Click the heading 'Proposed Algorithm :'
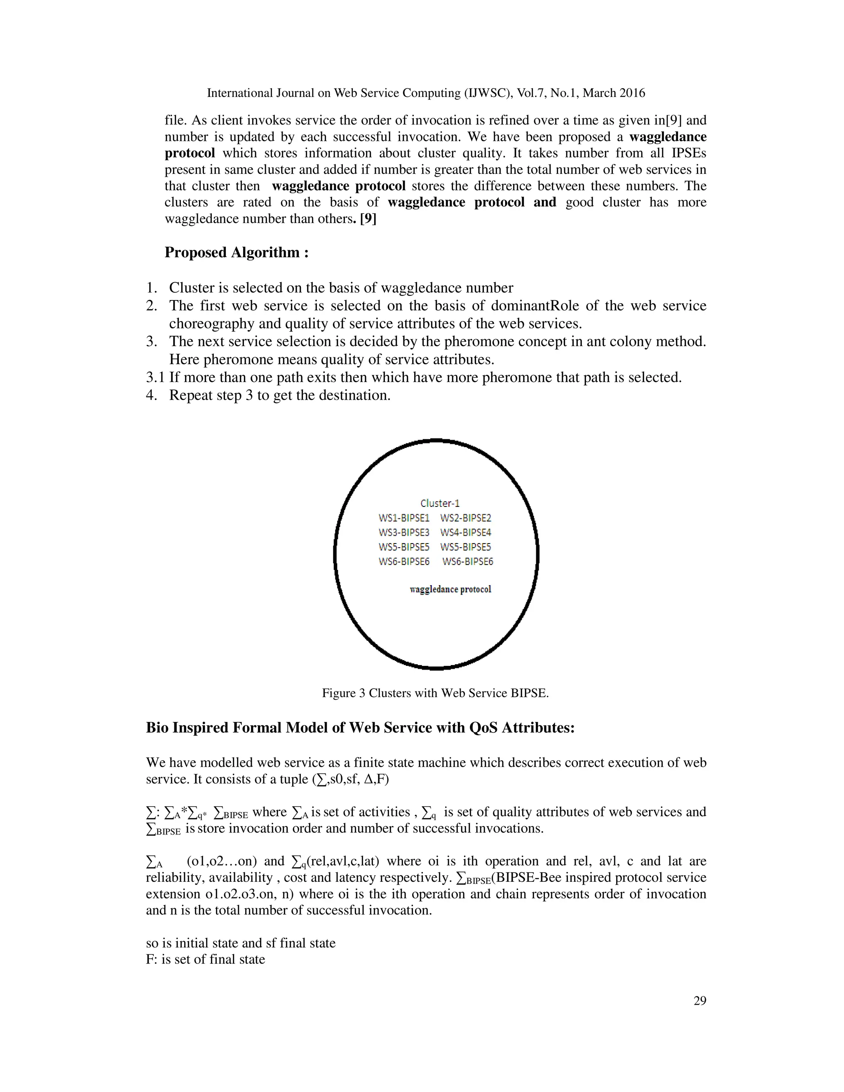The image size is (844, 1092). (237, 253)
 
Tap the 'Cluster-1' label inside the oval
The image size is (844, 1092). (439, 503)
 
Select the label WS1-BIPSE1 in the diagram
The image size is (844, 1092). (403, 518)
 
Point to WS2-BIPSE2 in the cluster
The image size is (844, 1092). (466, 518)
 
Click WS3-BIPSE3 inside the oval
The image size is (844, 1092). (403, 532)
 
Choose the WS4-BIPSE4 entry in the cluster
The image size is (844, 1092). (466, 532)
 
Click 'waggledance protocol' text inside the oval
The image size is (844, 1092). (450, 590)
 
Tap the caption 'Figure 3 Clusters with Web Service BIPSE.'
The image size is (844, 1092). (435, 693)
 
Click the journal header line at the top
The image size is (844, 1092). (425, 93)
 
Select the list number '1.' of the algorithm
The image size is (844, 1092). (152, 288)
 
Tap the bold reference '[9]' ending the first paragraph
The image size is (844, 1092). (368, 219)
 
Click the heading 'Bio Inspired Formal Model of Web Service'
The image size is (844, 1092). (360, 727)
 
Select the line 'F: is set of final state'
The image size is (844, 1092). (206, 959)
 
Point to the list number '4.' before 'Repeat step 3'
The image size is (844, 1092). (152, 396)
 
